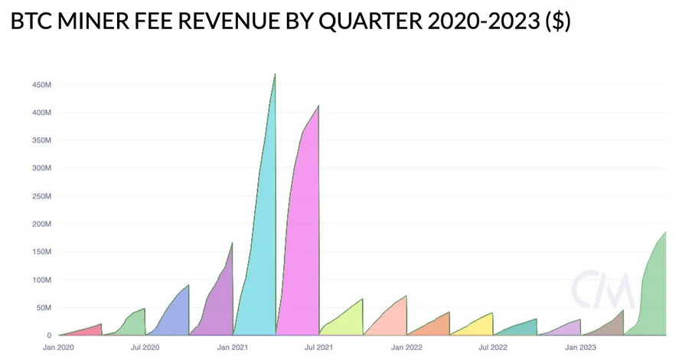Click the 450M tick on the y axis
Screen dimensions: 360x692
pyautogui.click(x=41, y=85)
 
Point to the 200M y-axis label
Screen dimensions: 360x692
pyautogui.click(x=41, y=224)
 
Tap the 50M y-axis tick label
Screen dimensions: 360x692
pyautogui.click(x=43, y=308)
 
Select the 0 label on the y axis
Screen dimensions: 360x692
pyautogui.click(x=48, y=335)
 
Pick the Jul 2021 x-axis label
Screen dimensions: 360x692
pyautogui.click(x=318, y=348)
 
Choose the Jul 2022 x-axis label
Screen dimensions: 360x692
pyautogui.click(x=492, y=348)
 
